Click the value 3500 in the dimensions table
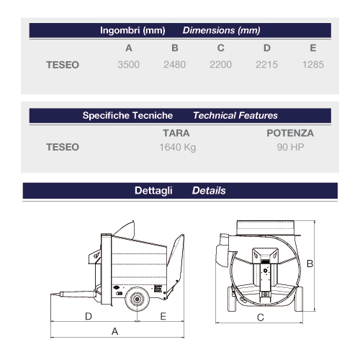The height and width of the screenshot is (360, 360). [x=129, y=65]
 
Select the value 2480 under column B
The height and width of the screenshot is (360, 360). [x=175, y=65]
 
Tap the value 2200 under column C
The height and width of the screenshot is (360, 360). [x=221, y=65]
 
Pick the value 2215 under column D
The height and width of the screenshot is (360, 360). [x=267, y=65]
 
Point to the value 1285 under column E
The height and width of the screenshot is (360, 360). [x=312, y=65]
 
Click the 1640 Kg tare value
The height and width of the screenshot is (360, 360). [x=177, y=148]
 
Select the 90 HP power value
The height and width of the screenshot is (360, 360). [x=290, y=148]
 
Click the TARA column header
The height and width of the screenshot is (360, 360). [x=177, y=133]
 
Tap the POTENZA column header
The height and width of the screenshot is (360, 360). [x=290, y=133]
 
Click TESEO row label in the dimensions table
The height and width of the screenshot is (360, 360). [x=63, y=65]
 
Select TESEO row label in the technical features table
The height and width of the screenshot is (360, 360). [x=63, y=148]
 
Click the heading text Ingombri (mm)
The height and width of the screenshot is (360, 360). [x=134, y=31]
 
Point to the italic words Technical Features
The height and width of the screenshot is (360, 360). [x=235, y=115]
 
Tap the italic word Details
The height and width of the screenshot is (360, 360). [x=209, y=191]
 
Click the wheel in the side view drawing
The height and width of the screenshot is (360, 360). [x=135, y=300]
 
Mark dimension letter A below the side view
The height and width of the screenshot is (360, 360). [x=114, y=331]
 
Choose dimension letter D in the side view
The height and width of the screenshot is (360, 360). [x=88, y=316]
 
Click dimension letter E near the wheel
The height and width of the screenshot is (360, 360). [x=163, y=316]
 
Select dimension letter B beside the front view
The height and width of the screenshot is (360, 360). [x=310, y=264]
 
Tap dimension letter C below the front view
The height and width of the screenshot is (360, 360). [x=260, y=318]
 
